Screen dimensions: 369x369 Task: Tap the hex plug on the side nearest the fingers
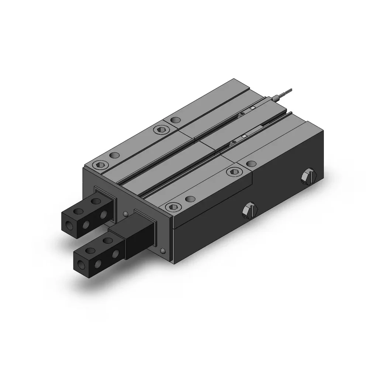248,212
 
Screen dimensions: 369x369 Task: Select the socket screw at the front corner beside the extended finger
172,207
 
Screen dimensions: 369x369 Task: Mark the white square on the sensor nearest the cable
253,108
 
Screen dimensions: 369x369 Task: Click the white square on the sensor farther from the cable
244,137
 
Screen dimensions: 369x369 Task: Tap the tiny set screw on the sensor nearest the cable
241,114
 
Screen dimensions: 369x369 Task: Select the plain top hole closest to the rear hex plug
252,163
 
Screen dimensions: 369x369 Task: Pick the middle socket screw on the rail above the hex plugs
232,171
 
